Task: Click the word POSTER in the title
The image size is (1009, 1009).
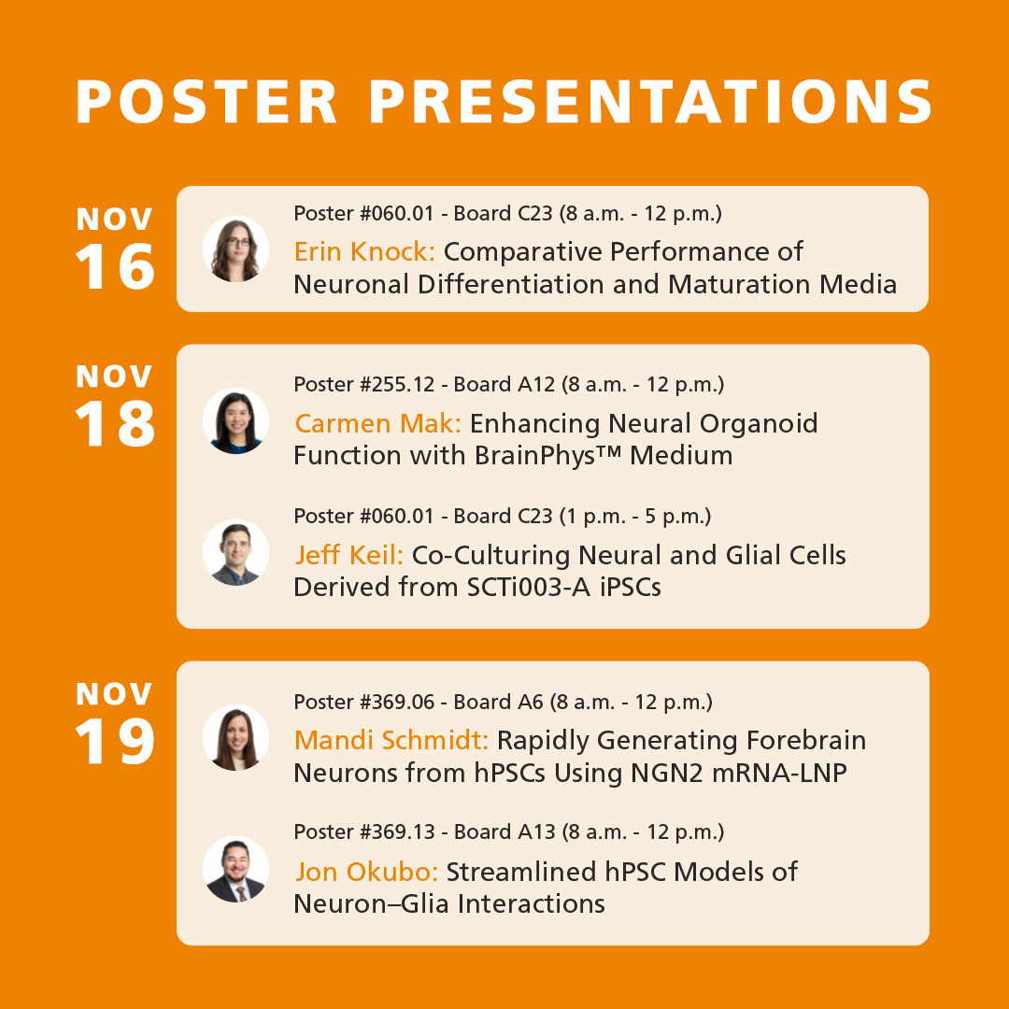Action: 207,102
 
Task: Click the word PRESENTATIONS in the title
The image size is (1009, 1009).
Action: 651,102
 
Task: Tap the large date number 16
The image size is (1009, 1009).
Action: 115,268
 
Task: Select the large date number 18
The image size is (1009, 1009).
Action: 115,425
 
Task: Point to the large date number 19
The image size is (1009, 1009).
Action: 115,742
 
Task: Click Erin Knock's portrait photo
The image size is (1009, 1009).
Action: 235,249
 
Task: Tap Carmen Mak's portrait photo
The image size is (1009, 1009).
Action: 235,420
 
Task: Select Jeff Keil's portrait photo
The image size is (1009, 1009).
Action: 235,552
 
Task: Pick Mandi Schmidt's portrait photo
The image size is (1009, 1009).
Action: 235,737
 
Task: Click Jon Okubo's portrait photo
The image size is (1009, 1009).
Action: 235,869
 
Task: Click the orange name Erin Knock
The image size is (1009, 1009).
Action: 365,252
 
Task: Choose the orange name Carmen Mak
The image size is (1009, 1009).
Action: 377,424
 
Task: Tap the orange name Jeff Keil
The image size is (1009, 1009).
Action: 349,555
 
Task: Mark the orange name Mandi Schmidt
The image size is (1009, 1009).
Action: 391,741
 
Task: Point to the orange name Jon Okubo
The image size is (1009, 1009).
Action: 366,873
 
